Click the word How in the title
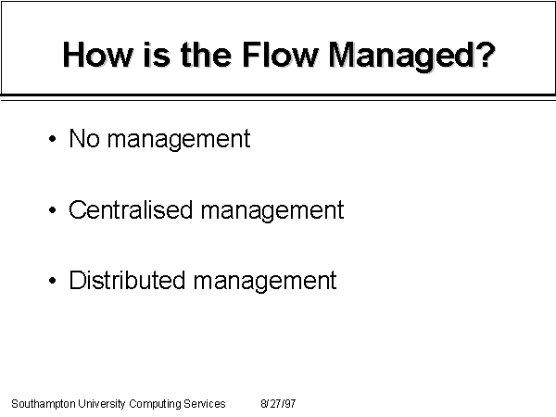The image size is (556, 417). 97,55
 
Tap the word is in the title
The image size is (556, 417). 157,55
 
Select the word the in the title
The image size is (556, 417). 207,55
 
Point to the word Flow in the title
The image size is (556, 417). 280,55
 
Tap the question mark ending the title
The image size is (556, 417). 485,55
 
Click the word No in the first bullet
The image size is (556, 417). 84,138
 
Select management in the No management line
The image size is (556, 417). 179,141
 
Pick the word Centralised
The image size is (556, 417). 130,209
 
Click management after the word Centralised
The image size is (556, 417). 272,211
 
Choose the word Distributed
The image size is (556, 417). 127,280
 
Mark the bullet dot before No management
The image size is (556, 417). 53,139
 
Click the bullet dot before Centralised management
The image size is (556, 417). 53,210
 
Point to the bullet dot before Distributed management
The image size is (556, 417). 53,281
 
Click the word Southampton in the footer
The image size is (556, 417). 44,404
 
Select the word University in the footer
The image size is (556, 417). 102,404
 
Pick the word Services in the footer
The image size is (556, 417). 205,403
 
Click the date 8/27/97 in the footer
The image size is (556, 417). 278,403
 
